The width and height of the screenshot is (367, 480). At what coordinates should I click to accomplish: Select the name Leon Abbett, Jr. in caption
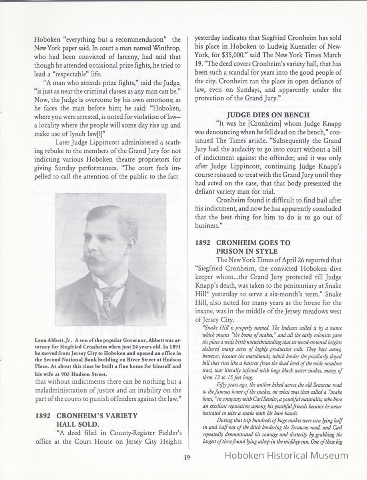pos(51,340)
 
